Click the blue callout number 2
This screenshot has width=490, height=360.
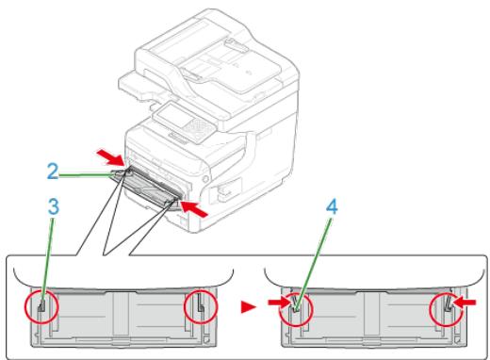point(53,172)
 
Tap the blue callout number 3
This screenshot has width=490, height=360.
point(54,206)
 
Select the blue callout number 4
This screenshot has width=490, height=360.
point(332,207)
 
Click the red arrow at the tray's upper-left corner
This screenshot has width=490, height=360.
point(109,157)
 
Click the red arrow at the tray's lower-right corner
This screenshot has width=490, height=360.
point(194,209)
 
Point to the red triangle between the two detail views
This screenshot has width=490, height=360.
point(248,306)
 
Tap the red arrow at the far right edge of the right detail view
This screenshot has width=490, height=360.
point(465,303)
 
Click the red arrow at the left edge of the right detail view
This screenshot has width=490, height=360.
point(279,303)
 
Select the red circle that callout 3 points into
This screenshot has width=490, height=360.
point(41,306)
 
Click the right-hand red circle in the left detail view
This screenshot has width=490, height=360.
point(201,306)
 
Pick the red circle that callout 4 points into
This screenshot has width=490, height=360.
point(296,309)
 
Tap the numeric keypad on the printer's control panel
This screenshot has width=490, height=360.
point(198,127)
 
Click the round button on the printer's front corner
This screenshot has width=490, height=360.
point(205,179)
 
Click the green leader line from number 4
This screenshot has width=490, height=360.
point(313,261)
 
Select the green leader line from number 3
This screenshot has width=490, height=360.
point(47,259)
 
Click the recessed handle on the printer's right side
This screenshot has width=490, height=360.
point(229,189)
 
